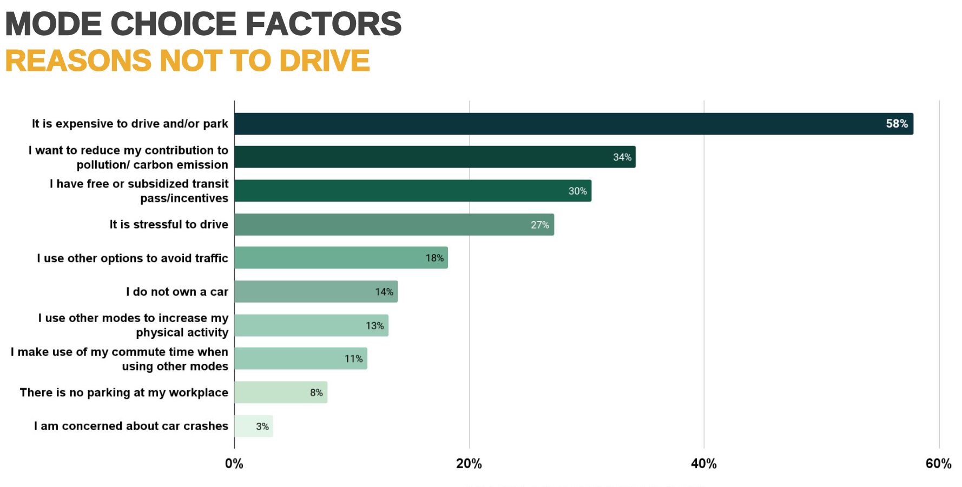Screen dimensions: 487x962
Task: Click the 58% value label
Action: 897,124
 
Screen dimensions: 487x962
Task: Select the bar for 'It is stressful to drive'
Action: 394,224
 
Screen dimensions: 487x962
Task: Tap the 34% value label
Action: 622,157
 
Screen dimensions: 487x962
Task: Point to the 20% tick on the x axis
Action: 469,464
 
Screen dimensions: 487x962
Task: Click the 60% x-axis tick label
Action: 938,464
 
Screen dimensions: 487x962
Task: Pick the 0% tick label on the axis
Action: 234,464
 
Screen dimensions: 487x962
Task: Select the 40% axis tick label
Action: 703,464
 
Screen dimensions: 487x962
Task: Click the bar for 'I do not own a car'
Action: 316,292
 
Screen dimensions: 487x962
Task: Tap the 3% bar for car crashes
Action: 253,426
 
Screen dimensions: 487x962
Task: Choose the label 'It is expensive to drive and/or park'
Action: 130,124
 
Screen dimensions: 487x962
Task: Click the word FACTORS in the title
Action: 323,24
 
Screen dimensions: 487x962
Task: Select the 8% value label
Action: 317,393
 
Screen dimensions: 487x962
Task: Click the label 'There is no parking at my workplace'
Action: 124,392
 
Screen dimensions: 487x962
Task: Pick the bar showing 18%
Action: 341,258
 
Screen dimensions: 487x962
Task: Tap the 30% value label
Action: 577,191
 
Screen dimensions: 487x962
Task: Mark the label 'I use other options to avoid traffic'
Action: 133,258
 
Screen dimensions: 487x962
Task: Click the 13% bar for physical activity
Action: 311,325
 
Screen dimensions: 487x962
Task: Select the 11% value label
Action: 353,359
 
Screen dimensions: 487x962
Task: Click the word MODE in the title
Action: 54,24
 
